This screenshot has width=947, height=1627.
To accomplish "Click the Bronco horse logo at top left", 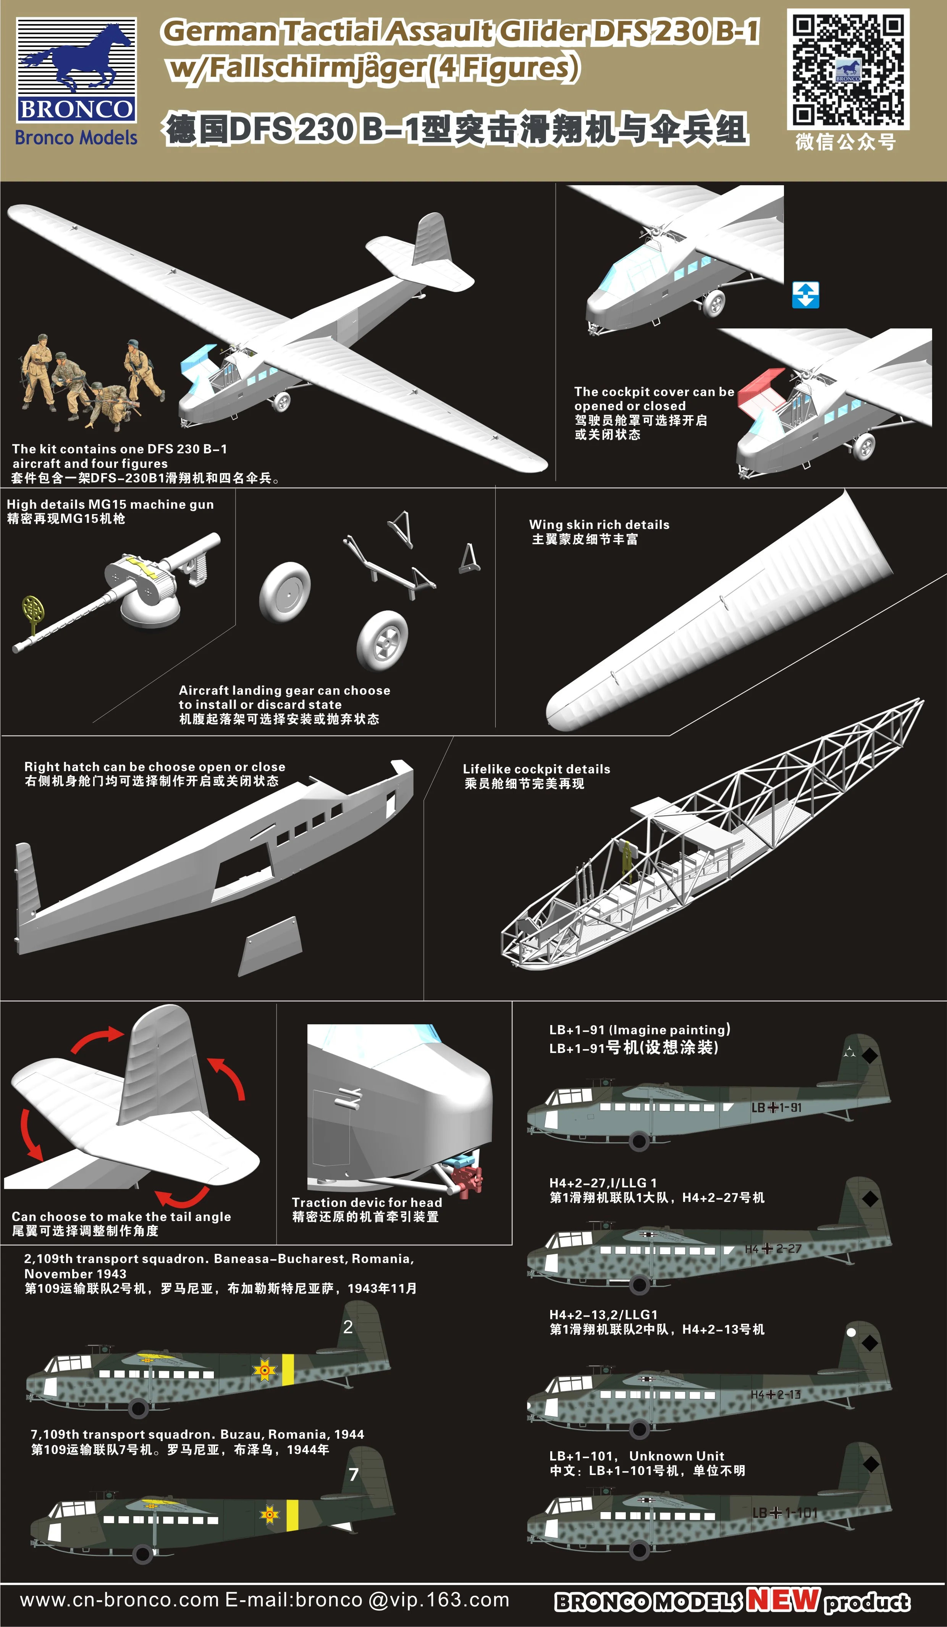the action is [x=76, y=70].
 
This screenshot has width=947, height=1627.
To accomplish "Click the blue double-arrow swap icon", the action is [x=806, y=294].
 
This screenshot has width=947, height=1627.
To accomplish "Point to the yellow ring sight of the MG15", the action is [x=32, y=608].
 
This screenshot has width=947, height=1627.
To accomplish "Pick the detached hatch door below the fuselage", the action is [x=270, y=946].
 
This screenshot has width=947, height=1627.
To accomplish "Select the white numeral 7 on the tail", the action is [x=353, y=1474].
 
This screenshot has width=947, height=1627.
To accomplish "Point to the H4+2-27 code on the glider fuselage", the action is [x=773, y=1249].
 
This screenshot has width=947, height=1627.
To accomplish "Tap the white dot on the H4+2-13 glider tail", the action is [x=851, y=1332].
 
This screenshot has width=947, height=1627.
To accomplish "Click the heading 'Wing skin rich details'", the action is [x=599, y=524].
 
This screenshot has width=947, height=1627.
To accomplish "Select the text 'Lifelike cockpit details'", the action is [x=537, y=769].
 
